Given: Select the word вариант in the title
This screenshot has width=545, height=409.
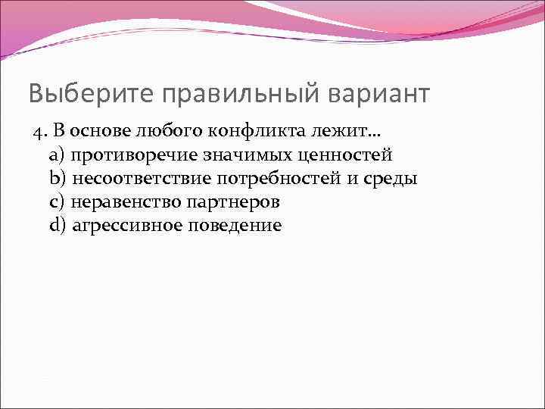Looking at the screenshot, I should [x=378, y=94].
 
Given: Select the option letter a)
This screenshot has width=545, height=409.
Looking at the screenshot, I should [x=57, y=156].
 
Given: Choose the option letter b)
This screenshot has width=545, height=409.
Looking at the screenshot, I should [x=57, y=180].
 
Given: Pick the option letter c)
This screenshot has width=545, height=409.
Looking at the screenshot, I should [x=57, y=202].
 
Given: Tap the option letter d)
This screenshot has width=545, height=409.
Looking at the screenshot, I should [x=57, y=226].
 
